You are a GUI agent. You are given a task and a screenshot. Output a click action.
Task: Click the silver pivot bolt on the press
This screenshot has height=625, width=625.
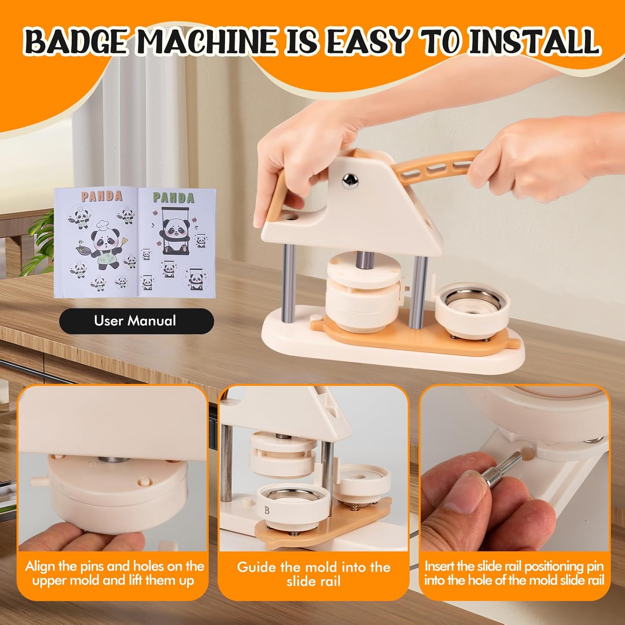click(x=350, y=180)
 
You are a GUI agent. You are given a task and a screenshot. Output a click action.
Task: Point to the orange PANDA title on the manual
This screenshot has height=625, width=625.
click(x=102, y=196)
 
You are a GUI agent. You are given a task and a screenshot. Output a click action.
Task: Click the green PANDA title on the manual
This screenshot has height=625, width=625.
click(x=173, y=197)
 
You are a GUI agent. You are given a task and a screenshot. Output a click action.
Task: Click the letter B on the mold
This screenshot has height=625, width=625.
click(x=267, y=510)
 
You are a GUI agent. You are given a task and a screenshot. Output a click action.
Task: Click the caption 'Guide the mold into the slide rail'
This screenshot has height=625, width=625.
click(x=313, y=574)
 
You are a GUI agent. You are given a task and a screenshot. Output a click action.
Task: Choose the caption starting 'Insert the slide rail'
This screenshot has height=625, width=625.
click(x=514, y=573)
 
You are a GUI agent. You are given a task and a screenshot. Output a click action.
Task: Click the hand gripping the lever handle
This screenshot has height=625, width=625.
click(x=546, y=154)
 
